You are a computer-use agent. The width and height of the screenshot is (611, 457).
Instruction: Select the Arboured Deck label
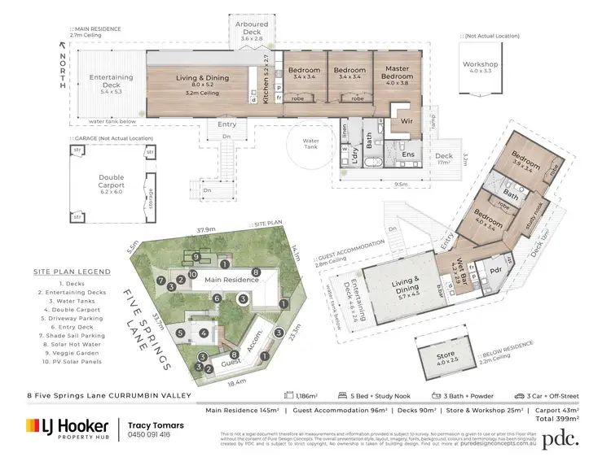[x=251, y=30]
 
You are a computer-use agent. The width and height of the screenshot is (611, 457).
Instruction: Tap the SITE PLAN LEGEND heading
[x=72, y=272]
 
